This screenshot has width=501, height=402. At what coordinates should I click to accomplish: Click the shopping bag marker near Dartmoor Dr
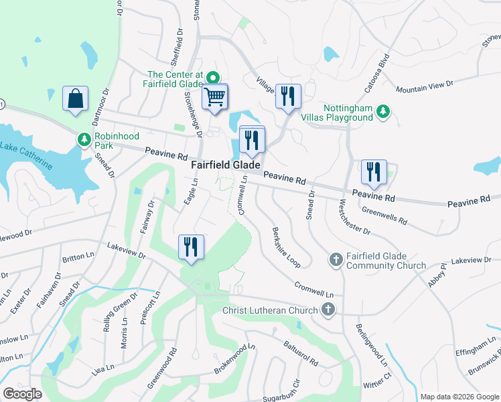pos(75,98)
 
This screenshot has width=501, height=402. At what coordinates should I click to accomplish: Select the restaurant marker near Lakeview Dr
pos(192,247)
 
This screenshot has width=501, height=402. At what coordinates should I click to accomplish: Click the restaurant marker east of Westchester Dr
pos(374,172)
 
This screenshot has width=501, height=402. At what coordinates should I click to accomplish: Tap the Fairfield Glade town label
pos(226,164)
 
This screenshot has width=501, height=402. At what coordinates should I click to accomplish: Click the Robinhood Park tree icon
pos(84,139)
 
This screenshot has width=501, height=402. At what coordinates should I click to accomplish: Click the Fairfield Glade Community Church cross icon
pos(336,259)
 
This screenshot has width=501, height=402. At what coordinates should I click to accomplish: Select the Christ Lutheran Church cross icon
pos(328,310)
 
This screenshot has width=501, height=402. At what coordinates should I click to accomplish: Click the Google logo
pos(23,394)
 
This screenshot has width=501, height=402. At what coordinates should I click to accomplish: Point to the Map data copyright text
pos(459,396)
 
